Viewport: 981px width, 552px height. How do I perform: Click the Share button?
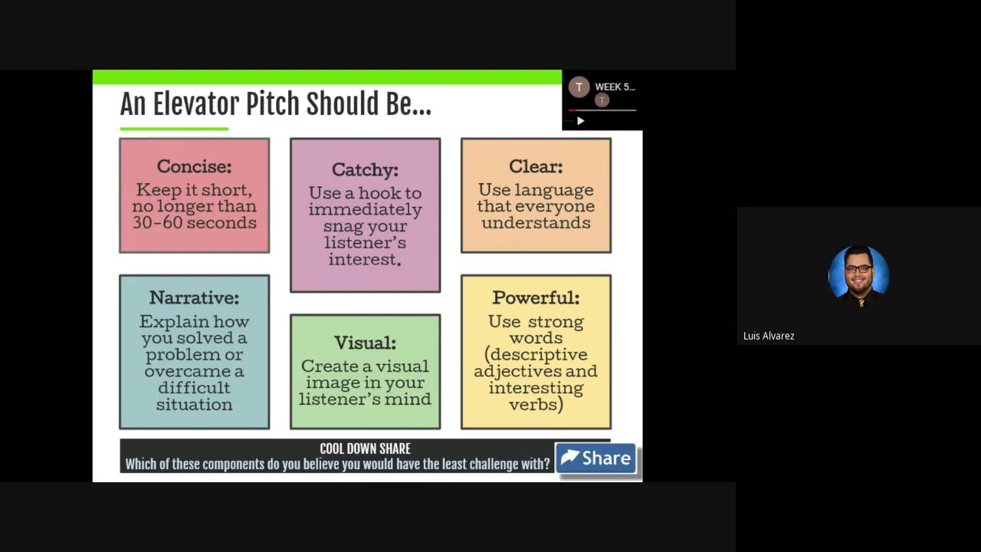click(595, 458)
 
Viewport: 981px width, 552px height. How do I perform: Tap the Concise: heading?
click(194, 166)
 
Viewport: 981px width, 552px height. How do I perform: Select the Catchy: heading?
click(365, 169)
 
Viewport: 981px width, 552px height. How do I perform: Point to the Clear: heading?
click(536, 166)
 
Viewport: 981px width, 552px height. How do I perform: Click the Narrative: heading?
click(194, 297)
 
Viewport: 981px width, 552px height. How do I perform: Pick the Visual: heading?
click(365, 343)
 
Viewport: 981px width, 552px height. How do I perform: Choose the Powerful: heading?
click(536, 297)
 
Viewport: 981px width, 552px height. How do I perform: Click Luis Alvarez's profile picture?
click(858, 274)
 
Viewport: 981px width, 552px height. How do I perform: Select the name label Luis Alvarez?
click(769, 336)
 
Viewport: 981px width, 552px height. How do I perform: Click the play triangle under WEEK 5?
click(580, 120)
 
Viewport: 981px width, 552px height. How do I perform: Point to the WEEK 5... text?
click(615, 87)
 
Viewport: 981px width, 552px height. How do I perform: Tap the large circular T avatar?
click(579, 87)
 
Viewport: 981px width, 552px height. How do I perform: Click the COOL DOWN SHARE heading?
click(365, 449)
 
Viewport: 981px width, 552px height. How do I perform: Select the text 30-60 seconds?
click(194, 223)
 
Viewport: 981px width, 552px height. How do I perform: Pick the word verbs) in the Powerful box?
click(536, 404)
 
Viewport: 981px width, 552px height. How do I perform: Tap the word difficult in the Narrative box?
click(194, 388)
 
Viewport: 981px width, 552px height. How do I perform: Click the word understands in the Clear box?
click(536, 223)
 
